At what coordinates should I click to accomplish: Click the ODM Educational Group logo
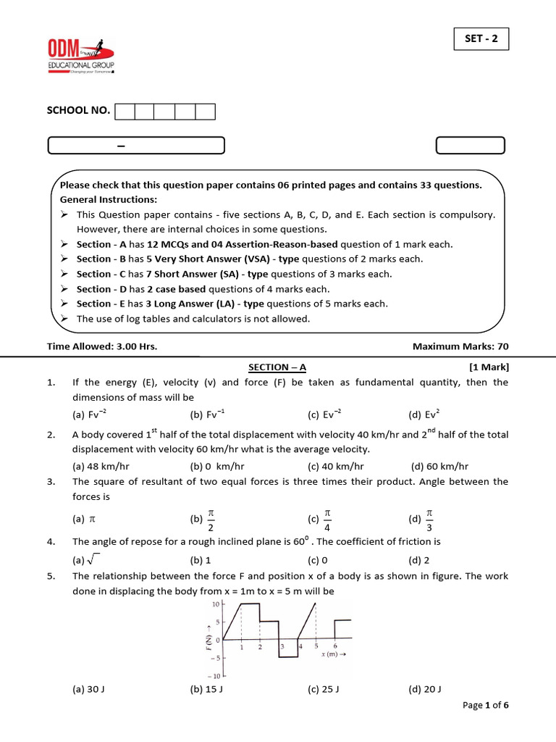[x=81, y=56]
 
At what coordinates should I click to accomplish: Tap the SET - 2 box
[x=481, y=39]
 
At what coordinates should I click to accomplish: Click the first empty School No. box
[x=125, y=111]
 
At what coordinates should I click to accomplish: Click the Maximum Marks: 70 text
[x=460, y=346]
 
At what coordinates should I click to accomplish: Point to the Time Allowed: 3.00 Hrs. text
[x=102, y=346]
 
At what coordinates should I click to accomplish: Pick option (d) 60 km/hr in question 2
[x=439, y=467]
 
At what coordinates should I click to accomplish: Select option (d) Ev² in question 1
[x=424, y=414]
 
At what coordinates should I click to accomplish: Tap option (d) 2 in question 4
[x=419, y=560]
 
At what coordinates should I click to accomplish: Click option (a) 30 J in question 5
[x=89, y=689]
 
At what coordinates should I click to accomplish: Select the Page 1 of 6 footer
[x=486, y=706]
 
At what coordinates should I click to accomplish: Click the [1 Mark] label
[x=489, y=367]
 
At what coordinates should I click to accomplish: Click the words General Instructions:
[x=109, y=199]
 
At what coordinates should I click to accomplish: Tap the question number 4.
[x=51, y=541]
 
